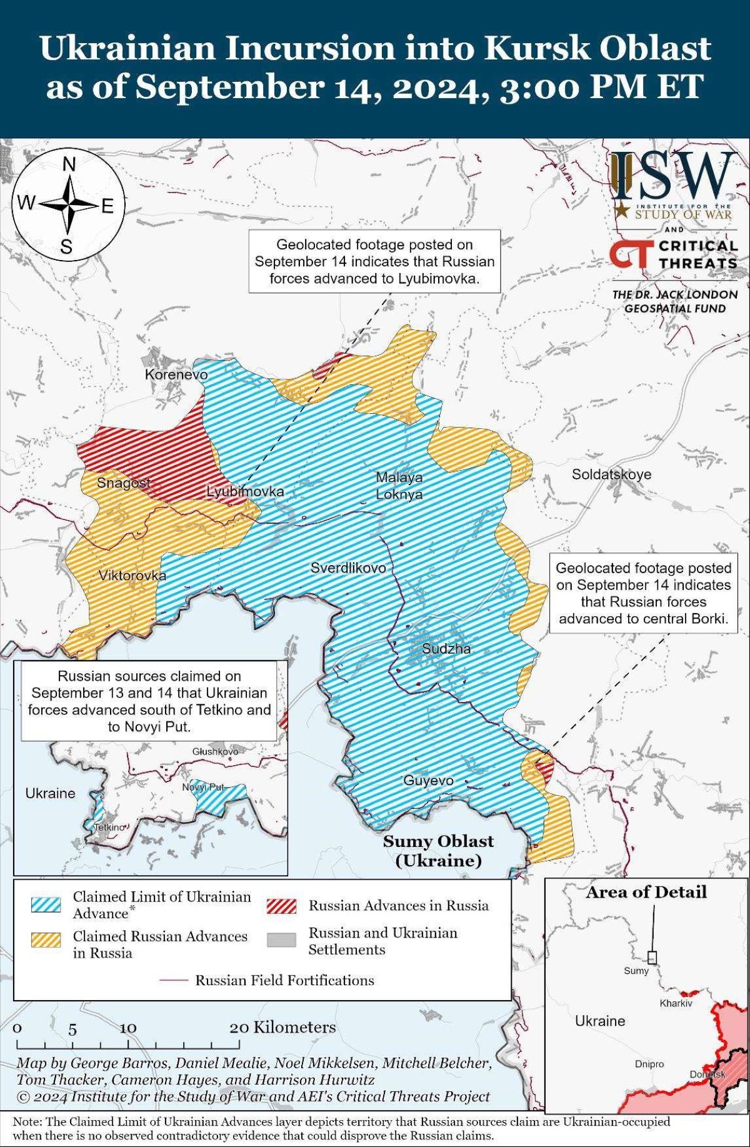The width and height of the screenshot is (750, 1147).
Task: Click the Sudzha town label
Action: click(x=446, y=648)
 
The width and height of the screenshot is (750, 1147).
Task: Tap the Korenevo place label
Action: click(x=176, y=374)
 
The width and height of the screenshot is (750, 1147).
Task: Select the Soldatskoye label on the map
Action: click(x=611, y=474)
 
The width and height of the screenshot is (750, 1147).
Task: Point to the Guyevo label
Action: click(x=428, y=780)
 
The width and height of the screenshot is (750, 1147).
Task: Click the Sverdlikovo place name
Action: click(x=348, y=568)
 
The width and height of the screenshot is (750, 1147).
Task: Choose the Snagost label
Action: click(x=123, y=483)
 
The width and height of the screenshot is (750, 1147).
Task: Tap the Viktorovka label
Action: click(x=132, y=576)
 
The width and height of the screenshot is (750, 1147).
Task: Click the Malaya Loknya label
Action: click(x=399, y=486)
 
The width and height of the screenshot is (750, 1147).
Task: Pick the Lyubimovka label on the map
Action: click(x=245, y=492)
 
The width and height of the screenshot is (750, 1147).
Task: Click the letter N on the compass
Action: click(x=69, y=165)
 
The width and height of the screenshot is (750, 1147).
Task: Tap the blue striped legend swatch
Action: click(x=46, y=904)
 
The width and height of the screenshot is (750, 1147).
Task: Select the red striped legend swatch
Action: click(x=281, y=906)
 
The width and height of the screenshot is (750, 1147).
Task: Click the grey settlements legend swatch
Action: click(x=281, y=940)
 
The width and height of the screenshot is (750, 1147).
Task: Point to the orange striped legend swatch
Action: click(x=46, y=940)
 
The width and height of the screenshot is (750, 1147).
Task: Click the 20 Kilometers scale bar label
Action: click(x=282, y=1027)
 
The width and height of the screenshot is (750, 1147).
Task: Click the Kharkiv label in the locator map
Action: click(x=676, y=1003)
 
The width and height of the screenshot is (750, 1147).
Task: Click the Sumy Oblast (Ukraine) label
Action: click(x=438, y=851)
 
